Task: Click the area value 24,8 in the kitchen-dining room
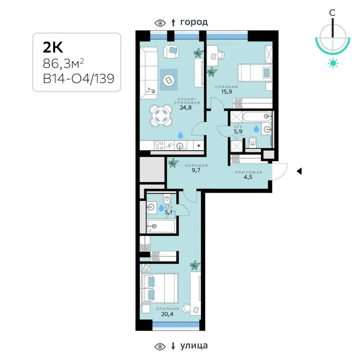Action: (186, 108)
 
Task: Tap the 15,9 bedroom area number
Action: (226, 91)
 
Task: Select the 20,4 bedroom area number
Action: (167, 314)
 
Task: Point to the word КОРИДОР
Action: (196, 165)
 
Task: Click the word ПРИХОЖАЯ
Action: (249, 172)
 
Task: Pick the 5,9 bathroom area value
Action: (238, 131)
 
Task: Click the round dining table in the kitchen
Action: (161, 115)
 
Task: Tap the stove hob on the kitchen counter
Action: (159, 145)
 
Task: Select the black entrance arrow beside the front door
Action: (299, 171)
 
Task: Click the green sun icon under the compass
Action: (333, 63)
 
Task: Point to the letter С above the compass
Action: (332, 13)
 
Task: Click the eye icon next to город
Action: (160, 23)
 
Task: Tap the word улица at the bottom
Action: (194, 345)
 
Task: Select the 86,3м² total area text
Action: (63, 63)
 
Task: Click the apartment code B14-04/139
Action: (78, 79)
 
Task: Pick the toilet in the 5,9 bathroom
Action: (252, 142)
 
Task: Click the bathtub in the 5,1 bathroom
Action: (161, 226)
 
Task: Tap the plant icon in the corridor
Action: (173, 163)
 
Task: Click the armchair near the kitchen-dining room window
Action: (171, 51)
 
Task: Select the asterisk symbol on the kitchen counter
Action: (199, 145)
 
